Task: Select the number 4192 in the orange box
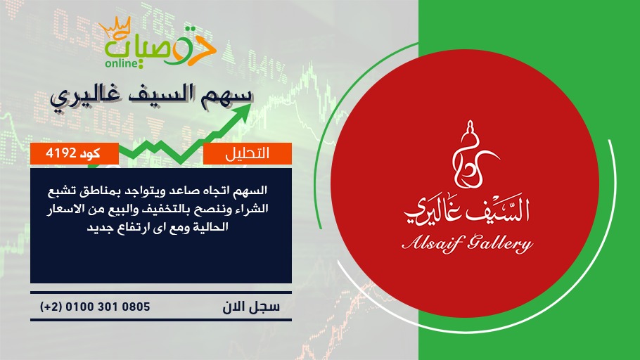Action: [61, 153]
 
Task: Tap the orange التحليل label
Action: [248, 153]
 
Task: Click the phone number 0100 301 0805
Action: [108, 307]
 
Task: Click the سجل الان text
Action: [251, 307]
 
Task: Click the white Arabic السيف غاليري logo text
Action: [467, 210]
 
